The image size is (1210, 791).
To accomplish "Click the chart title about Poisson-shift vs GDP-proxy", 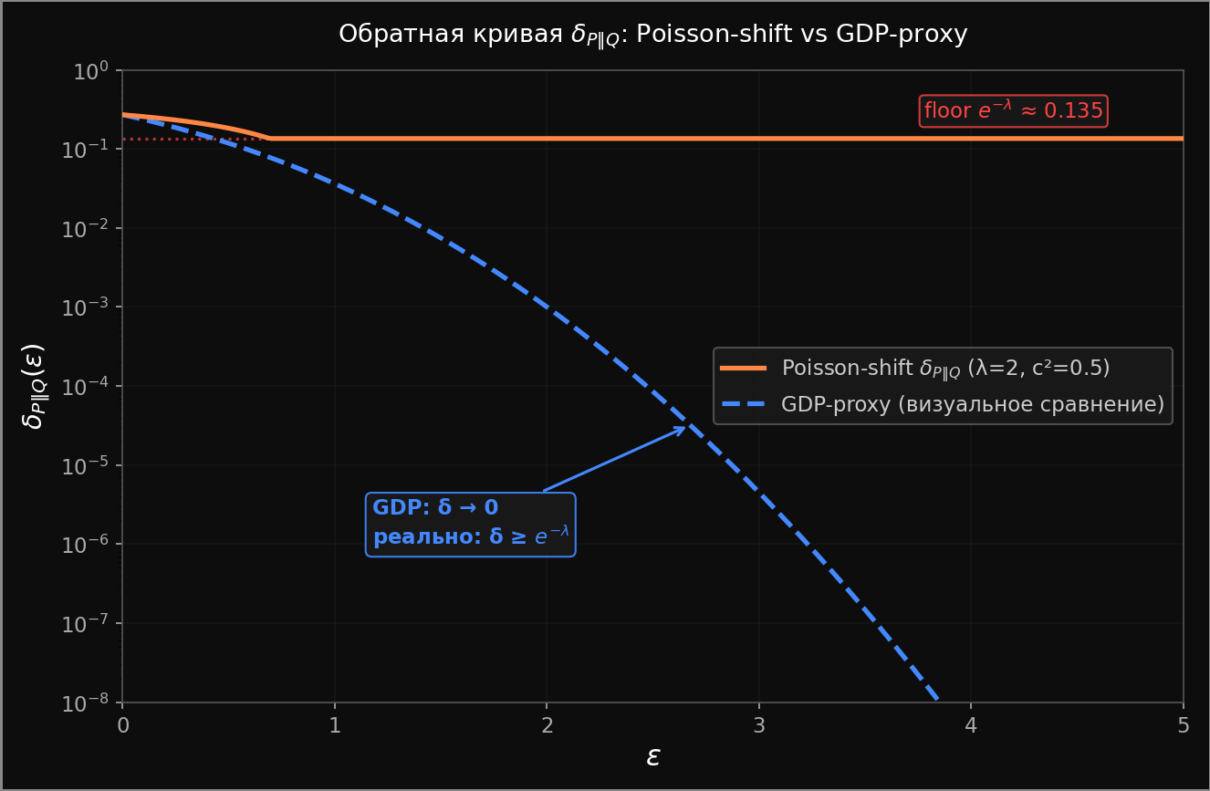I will (652, 35).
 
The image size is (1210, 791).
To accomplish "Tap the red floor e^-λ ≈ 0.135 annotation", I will (1013, 111).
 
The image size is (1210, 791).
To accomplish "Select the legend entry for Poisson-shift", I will (945, 369).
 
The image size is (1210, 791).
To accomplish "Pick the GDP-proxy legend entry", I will (973, 404).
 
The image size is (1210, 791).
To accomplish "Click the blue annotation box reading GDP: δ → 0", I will (470, 524).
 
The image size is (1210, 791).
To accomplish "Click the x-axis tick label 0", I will (122, 725).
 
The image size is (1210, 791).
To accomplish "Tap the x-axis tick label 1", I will (335, 725).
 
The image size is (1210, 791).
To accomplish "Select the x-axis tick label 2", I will (547, 725).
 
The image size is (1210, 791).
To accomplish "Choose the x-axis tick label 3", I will (759, 725).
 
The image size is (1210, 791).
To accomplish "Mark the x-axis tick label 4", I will (971, 725).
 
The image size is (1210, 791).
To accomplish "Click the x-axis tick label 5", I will (1184, 725).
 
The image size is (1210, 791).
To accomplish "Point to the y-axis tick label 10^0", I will (90, 71).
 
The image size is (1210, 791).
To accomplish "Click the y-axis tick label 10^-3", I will (86, 308).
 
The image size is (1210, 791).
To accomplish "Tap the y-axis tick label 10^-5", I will (86, 466).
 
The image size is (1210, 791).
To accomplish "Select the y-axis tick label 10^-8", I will (86, 703).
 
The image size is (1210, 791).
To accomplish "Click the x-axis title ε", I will (652, 757).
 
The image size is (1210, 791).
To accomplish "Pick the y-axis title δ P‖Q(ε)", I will (34, 386).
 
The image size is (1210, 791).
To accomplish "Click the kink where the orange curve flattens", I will (270, 139).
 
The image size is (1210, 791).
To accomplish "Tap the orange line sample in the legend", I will (743, 369).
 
